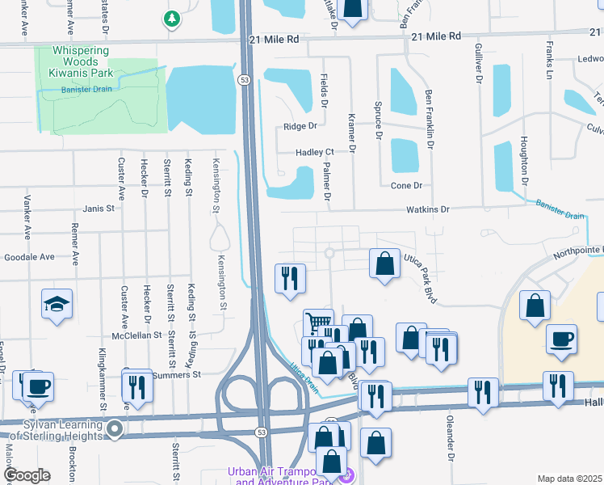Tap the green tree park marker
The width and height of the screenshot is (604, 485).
click(171, 18)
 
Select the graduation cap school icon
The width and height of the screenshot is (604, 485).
click(57, 304)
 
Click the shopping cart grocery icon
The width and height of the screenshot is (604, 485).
click(318, 323)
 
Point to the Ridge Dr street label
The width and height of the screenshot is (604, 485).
click(300, 127)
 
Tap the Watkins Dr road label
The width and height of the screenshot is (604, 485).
click(428, 209)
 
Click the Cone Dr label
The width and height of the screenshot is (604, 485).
click(406, 186)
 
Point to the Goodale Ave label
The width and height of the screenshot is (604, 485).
click(29, 257)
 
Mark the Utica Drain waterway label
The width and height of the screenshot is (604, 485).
click(304, 377)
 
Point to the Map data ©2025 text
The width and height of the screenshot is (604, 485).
click(569, 479)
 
